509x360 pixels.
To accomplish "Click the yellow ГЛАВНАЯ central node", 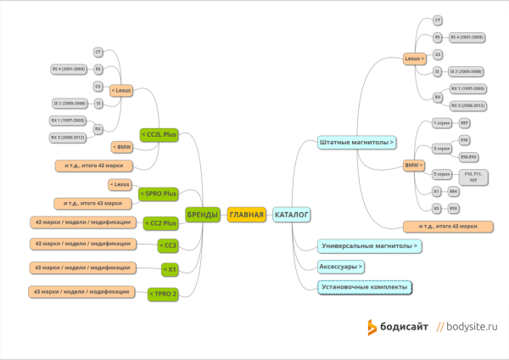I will tap(247, 215).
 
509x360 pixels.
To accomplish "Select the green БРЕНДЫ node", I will tap(203, 215).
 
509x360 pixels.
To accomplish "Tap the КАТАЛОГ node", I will tap(292, 215).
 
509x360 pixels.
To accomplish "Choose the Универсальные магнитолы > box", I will tap(370, 246).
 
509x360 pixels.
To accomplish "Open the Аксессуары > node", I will tap(341, 267).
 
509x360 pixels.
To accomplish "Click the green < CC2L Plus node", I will tap(159, 134).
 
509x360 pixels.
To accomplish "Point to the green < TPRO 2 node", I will tap(163, 294).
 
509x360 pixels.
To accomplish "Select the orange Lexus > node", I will tap(414, 59).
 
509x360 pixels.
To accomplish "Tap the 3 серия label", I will tap(442, 148).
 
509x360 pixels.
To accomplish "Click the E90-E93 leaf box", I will tap(467, 157).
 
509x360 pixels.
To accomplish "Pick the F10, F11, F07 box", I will tap(473, 177).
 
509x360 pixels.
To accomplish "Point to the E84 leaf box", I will tap(454, 192).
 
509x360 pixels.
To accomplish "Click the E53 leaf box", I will tap(454, 208).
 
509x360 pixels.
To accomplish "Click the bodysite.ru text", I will tap(472, 326).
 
